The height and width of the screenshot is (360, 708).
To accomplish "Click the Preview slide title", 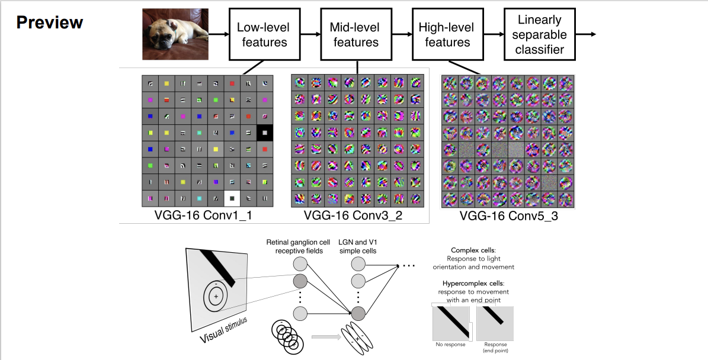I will click(x=50, y=22).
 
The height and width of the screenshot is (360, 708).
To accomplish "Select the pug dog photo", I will click(x=175, y=34).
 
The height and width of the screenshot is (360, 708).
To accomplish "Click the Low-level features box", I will click(x=261, y=34).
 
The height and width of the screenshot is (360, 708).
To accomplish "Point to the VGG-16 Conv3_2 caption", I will click(x=353, y=216).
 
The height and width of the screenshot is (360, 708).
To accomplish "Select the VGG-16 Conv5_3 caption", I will click(x=509, y=217).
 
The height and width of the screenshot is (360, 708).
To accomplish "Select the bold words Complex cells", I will click(x=473, y=250).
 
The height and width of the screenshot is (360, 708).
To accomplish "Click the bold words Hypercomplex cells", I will click(x=473, y=284).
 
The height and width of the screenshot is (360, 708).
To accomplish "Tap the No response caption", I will click(x=450, y=345).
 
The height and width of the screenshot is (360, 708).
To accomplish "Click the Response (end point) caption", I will click(x=495, y=347).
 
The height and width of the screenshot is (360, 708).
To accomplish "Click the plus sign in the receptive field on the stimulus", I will click(x=216, y=296).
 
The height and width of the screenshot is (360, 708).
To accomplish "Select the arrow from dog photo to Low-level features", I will click(x=219, y=34).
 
